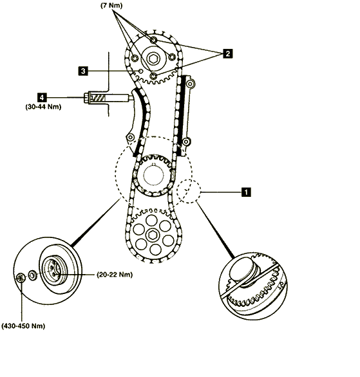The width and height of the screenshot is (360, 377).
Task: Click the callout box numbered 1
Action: pyautogui.click(x=246, y=192)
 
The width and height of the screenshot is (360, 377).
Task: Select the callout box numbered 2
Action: pyautogui.click(x=227, y=53)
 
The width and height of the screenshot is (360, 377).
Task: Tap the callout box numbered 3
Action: pyautogui.click(x=83, y=71)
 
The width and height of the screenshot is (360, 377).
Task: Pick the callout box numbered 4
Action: pyautogui.click(x=42, y=97)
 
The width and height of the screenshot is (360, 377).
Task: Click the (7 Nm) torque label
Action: pyautogui.click(x=111, y=6)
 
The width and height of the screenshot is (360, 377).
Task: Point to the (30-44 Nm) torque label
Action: pyautogui.click(x=43, y=107)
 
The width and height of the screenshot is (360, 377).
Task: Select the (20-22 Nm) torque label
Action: pyautogui.click(x=115, y=274)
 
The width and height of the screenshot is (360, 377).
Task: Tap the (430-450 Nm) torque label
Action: pyautogui.click(x=23, y=326)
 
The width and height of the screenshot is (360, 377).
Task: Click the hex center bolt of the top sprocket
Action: pyautogui.click(x=153, y=59)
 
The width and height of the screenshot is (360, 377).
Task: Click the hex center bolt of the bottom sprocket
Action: pyautogui.click(x=152, y=235)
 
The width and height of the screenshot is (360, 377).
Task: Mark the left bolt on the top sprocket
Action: pyautogui.click(x=135, y=58)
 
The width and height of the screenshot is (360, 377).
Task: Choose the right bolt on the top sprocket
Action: pyautogui.click(x=173, y=57)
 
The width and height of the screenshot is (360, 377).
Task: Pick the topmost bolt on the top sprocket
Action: pyautogui.click(x=153, y=40)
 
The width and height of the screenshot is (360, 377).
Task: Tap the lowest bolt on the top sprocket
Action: pyautogui.click(x=153, y=76)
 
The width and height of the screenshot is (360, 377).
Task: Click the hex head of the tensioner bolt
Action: pyautogui.click(x=86, y=98)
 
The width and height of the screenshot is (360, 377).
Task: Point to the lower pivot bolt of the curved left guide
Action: pyautogui.click(x=131, y=138)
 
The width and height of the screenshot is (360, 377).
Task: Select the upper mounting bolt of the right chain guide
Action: pyautogui.click(x=190, y=84)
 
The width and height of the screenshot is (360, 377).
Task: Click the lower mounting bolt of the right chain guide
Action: pyautogui.click(x=186, y=142)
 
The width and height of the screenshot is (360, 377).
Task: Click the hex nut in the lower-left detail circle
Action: pyautogui.click(x=21, y=278)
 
